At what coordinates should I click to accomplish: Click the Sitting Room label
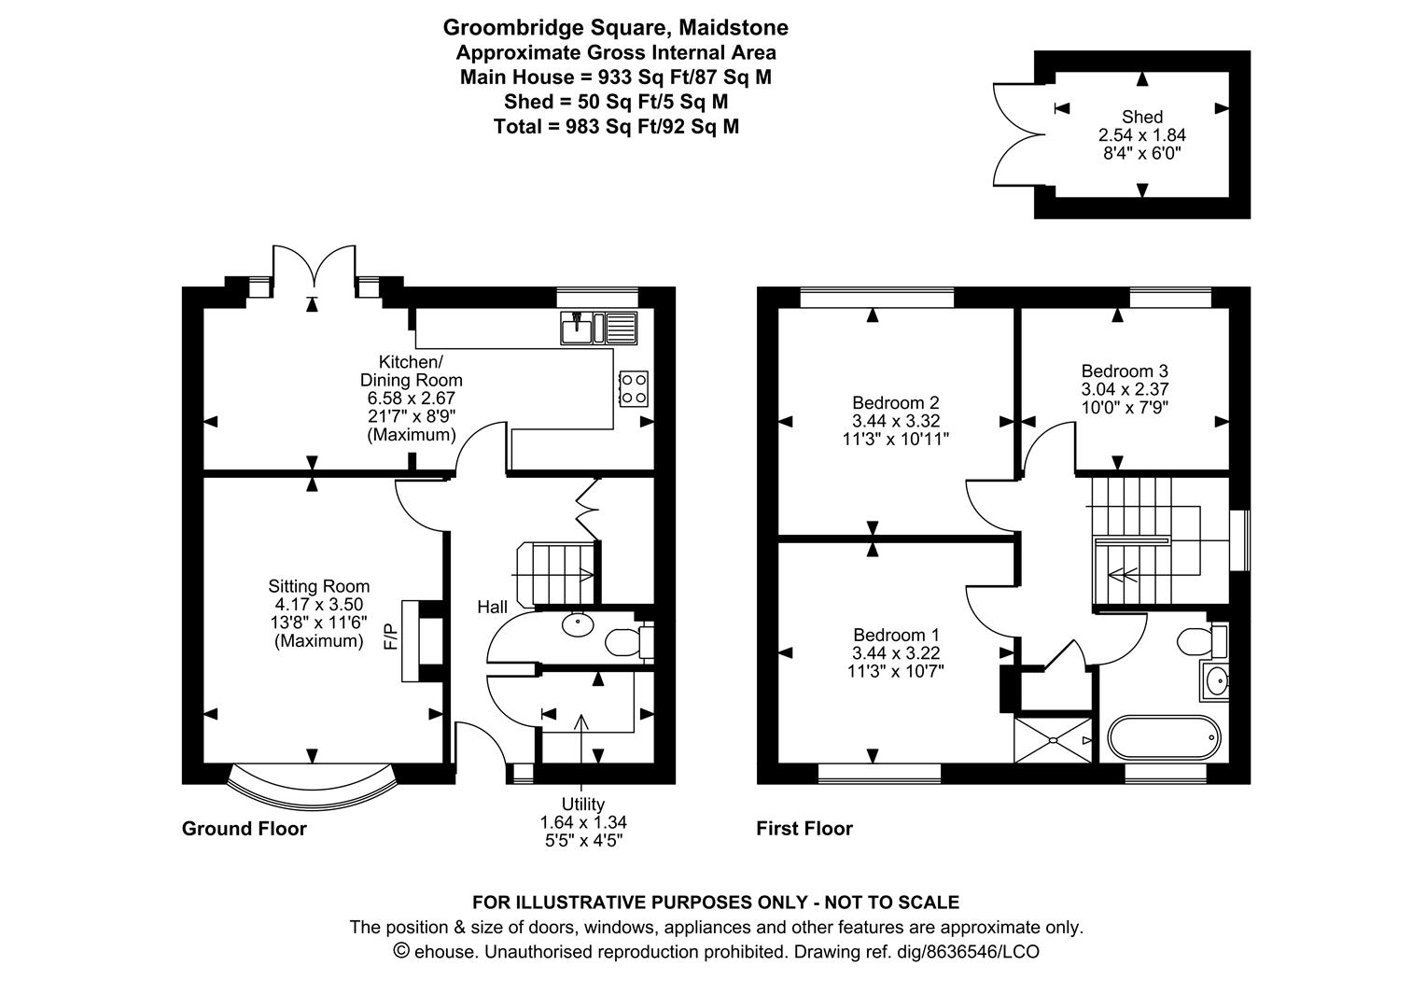pos(318,586)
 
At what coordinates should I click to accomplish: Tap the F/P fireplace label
pos(390,637)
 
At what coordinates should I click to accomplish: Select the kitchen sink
pos(598,328)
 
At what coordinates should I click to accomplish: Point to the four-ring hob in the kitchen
pos(634,389)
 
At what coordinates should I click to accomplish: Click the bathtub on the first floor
pos(1164,738)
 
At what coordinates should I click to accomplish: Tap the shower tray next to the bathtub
pos(1053,740)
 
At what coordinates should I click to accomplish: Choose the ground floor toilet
pos(629,642)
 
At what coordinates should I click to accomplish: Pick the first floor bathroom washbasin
pos(1214,680)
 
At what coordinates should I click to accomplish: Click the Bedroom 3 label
pos(1125,371)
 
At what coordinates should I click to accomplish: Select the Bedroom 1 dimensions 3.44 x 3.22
pos(896,652)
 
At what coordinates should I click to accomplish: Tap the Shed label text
pos(1142,117)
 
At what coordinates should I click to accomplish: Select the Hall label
pos(492,607)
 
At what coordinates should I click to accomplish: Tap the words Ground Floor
pos(245,829)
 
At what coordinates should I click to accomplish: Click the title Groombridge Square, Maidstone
pos(616,27)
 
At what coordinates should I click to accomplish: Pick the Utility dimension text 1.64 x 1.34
pos(583,822)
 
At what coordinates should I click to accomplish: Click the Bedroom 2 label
pos(896,402)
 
